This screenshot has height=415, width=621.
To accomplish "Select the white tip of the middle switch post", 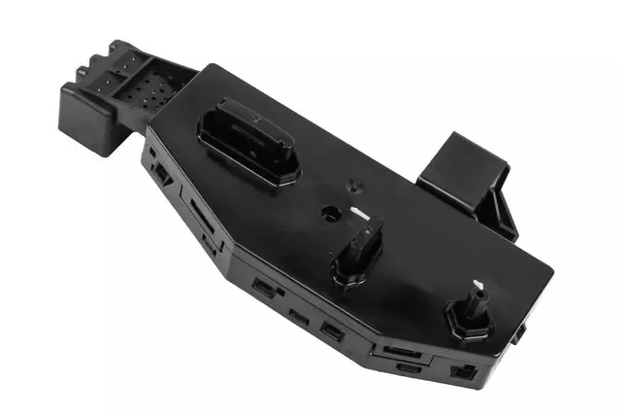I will [x=361, y=215].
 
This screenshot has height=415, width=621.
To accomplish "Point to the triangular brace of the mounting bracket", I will [x=503, y=212].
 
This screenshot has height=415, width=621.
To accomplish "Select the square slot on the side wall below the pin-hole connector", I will [x=159, y=173].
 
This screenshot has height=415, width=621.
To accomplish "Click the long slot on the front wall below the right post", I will [x=399, y=350].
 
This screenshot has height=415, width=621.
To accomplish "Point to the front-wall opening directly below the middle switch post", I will [x=331, y=329].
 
